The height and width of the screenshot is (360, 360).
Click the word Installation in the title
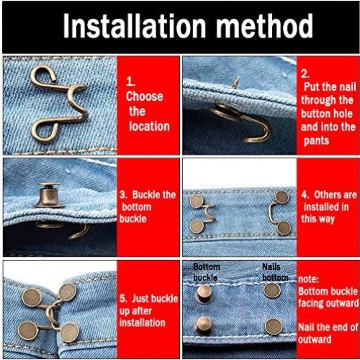pos(127,27)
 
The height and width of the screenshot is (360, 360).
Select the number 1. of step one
pos(132,81)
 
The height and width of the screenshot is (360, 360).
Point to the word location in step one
pos(149,126)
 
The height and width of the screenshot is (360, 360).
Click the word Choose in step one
pos(145,96)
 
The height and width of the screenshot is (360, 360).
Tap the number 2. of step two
pos(305,73)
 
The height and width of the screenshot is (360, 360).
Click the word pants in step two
pos(314,140)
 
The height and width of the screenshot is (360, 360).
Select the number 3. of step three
pos(124,195)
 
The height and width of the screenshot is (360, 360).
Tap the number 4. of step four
pos(305,195)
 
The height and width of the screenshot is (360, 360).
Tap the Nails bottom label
pos(274,271)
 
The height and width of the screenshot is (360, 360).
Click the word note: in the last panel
pos(310,277)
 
